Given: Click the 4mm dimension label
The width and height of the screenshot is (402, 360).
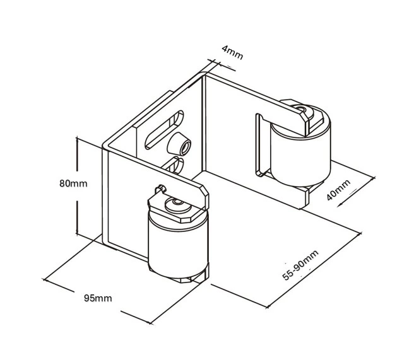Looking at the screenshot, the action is tap(232, 52).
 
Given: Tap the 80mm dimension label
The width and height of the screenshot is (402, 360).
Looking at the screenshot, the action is tap(73, 183).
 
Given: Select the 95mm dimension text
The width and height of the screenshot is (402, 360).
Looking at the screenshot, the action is tap(98, 298).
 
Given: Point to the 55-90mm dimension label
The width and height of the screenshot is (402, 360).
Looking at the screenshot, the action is tap(300, 265).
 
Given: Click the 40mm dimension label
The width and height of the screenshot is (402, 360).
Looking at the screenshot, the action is tap(339, 190).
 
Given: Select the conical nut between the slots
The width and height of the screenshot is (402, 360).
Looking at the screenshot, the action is tap(179, 144).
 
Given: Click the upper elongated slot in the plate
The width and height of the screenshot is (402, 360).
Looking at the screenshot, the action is tap(164, 129).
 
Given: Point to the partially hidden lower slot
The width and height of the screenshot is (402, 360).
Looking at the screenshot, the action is tap(175, 165).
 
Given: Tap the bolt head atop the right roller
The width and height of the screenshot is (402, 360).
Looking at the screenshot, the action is tap(303, 110).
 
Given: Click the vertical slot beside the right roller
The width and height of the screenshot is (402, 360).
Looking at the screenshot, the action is tap(260, 145).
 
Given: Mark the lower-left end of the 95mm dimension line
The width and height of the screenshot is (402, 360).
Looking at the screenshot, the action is tap(44, 279).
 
